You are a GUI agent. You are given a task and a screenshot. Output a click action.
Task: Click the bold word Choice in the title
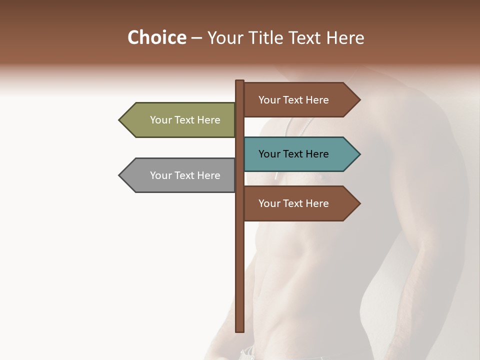click(156, 37)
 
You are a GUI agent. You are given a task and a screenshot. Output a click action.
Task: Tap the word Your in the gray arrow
click(161, 175)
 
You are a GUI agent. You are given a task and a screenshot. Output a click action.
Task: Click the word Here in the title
click(345, 37)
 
